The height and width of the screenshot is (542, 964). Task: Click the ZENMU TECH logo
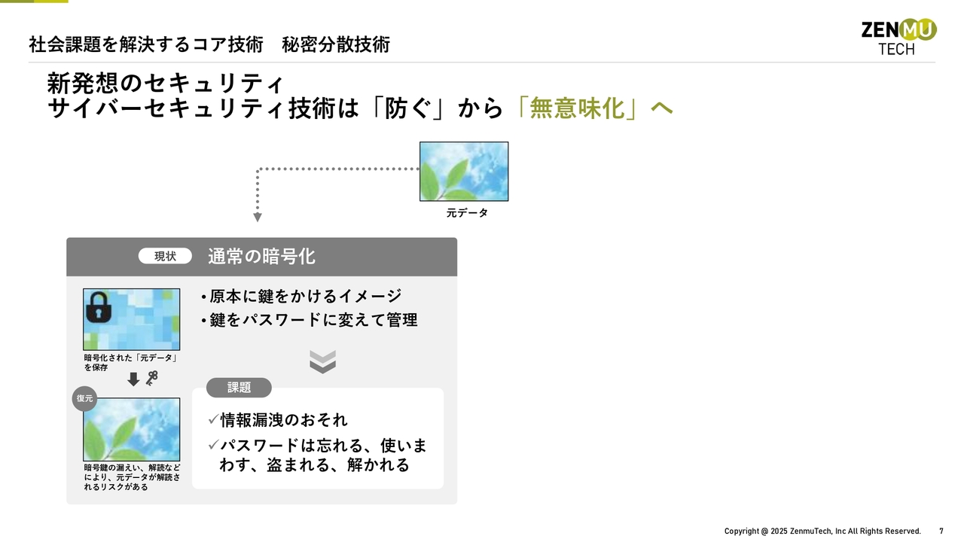[898, 37]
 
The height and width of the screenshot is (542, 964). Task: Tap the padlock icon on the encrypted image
[99, 307]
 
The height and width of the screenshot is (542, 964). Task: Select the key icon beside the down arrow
[152, 378]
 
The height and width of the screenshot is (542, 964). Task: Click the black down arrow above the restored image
[133, 379]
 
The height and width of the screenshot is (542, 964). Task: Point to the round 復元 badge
[84, 398]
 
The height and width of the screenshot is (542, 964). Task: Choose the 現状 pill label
[165, 257]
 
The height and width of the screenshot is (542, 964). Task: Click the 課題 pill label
[239, 388]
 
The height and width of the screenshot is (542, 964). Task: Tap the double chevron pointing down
[323, 362]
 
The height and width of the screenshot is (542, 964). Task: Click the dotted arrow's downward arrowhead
[258, 218]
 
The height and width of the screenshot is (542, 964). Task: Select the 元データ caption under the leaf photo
[467, 213]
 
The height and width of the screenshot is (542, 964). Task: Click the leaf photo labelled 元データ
[464, 171]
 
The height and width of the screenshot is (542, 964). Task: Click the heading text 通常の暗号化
[261, 257]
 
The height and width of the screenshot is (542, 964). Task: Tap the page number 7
[941, 531]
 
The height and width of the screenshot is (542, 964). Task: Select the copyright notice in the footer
[822, 531]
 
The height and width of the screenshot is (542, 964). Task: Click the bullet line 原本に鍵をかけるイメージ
[301, 296]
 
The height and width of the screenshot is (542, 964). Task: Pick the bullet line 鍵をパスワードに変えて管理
[309, 320]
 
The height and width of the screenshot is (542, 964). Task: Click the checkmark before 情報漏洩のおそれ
[213, 419]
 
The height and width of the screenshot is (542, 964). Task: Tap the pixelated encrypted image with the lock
[132, 319]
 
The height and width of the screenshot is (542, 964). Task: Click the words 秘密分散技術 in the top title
[336, 44]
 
